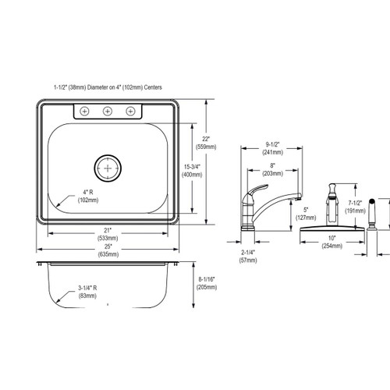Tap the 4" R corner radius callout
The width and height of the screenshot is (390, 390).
point(87,196)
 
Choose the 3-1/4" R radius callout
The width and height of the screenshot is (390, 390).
point(87,292)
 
